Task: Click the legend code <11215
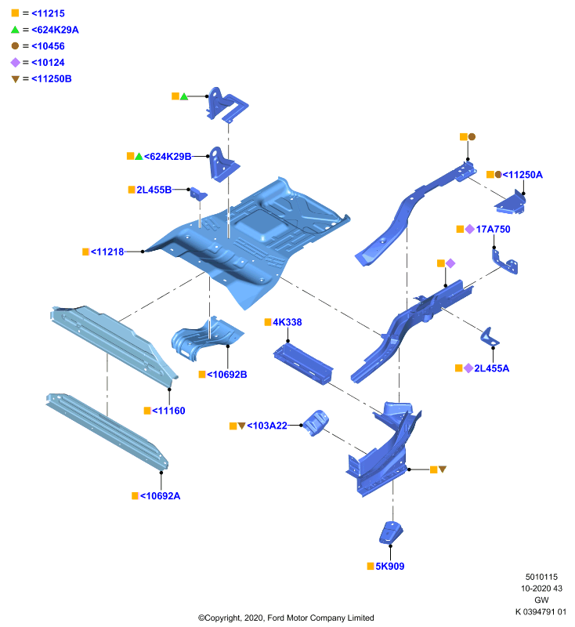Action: (x=48, y=13)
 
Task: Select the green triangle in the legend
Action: (x=15, y=30)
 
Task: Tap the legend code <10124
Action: (x=48, y=63)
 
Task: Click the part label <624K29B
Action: (x=168, y=156)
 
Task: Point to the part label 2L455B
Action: (x=154, y=190)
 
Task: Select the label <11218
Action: (x=107, y=252)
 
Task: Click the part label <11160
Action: (x=168, y=411)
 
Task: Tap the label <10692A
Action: (x=160, y=496)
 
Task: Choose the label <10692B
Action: (x=226, y=375)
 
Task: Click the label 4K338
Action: (x=287, y=322)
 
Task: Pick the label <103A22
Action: (x=267, y=426)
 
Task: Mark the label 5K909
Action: (x=389, y=566)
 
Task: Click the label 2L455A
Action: (x=491, y=368)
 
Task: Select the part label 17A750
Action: (x=493, y=229)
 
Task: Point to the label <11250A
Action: (x=523, y=175)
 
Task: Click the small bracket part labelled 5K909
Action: (x=390, y=533)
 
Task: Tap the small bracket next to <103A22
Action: (x=316, y=422)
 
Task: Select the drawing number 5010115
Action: (x=541, y=577)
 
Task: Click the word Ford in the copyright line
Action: (x=275, y=618)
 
